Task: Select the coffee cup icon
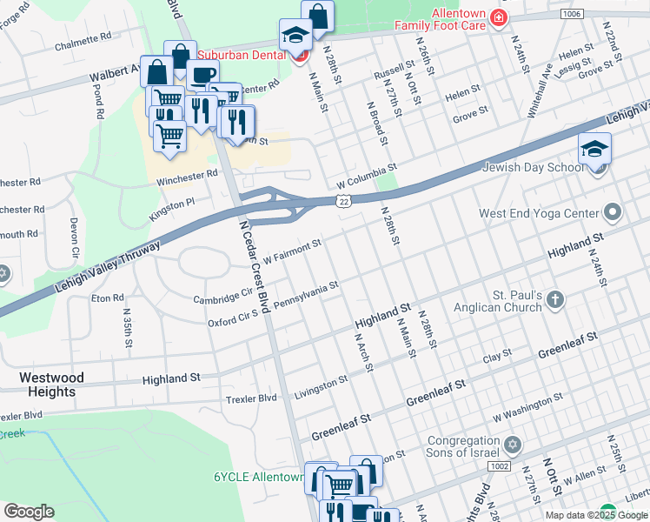pos(202,76)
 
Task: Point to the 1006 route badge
pos(571,14)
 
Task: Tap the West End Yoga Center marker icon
pos(613,213)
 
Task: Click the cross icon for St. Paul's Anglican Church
pos(554,301)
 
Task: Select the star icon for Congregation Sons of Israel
pos(512,445)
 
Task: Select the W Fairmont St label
pos(293,250)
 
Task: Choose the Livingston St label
pos(321,385)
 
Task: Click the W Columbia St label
pos(367,174)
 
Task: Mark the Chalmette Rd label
pos(83,42)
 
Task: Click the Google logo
pos(29,512)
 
